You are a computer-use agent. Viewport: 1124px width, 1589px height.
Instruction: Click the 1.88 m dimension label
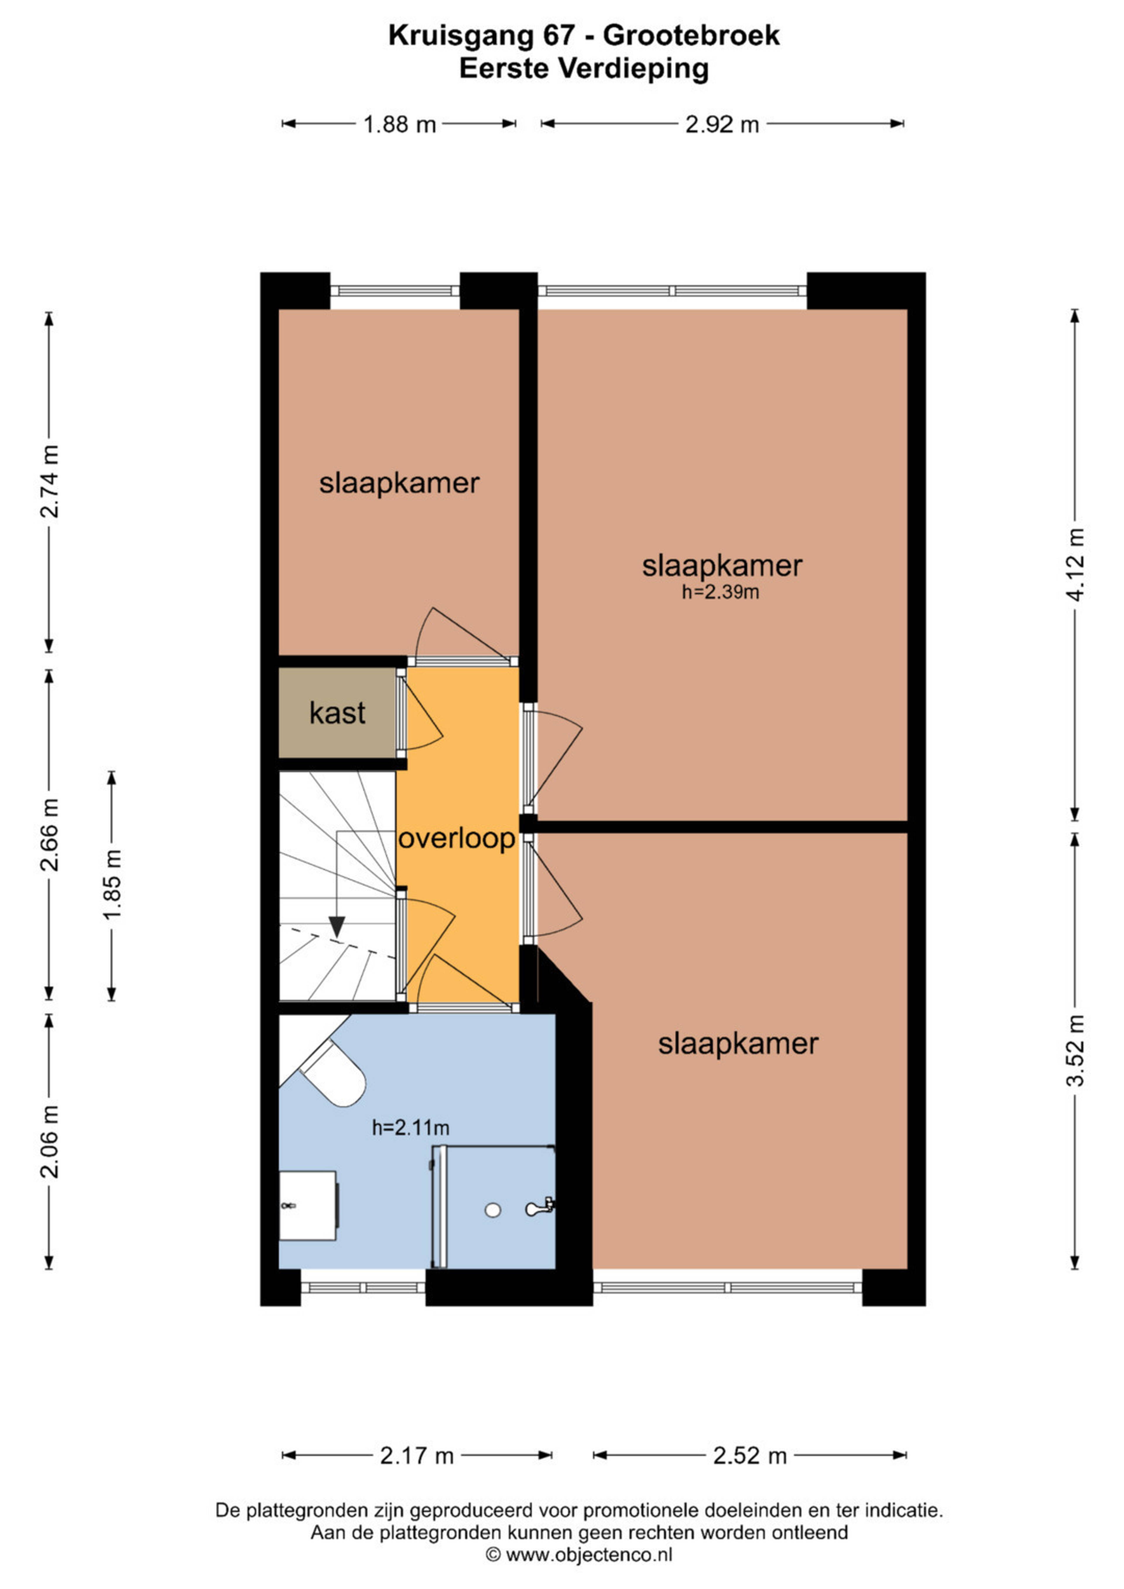tap(400, 125)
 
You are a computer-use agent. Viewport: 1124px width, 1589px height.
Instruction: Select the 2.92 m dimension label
tap(722, 125)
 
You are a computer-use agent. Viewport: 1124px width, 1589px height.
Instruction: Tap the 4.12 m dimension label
tap(1075, 565)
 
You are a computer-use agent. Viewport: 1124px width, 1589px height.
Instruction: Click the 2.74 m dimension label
tap(49, 482)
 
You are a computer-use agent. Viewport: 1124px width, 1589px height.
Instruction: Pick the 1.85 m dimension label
tap(112, 886)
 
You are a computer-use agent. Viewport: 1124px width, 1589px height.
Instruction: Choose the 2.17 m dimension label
tap(417, 1456)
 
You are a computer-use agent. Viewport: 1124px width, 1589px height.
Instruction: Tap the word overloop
tap(457, 839)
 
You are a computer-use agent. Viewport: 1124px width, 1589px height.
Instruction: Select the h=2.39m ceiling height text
tap(720, 592)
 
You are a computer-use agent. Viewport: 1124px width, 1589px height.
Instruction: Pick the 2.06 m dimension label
tap(49, 1141)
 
